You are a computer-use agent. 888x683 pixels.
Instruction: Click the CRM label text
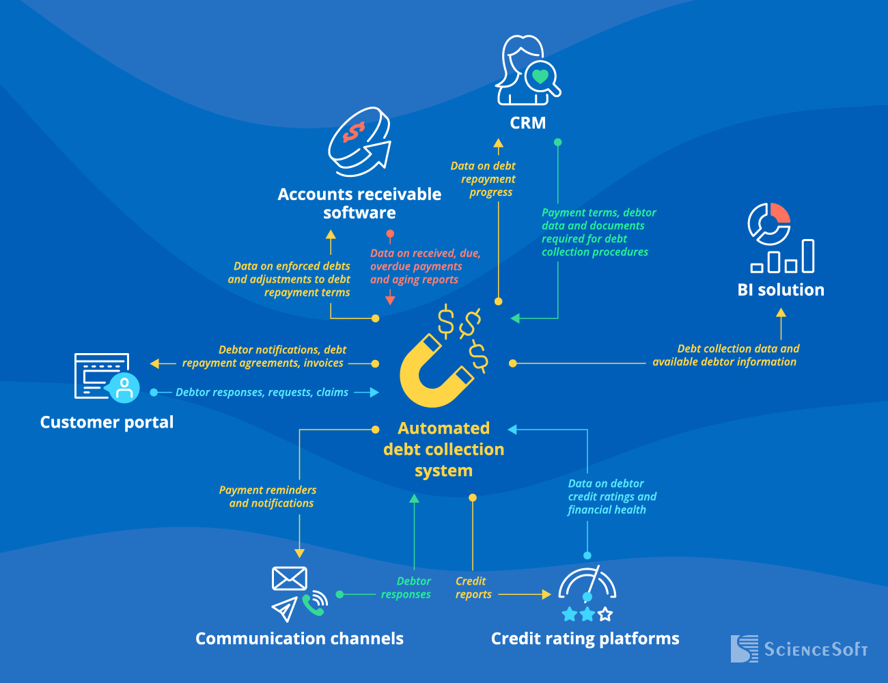[x=528, y=123]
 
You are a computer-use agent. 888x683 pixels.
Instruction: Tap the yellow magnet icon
[x=434, y=372]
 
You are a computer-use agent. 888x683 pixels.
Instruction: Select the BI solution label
[x=781, y=290]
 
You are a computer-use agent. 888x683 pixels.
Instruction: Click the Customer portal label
[x=107, y=422]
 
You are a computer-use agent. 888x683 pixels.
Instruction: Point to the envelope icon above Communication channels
[x=289, y=579]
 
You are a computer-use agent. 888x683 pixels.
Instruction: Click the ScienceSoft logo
[x=799, y=649]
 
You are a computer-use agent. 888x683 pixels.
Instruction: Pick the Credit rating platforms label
[x=585, y=639]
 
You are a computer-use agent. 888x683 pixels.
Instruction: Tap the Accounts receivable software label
[x=359, y=204]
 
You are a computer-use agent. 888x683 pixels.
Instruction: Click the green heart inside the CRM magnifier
[x=540, y=76]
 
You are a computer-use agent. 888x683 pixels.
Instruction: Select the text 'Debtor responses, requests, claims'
[x=262, y=392]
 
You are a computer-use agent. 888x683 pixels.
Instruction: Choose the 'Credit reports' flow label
[x=472, y=587]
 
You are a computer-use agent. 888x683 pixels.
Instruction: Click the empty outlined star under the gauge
[x=605, y=615]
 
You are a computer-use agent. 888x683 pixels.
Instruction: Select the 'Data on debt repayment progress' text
[x=484, y=179]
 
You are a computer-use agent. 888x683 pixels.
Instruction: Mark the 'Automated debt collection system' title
[x=443, y=449]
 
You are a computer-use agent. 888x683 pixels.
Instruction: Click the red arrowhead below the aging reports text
[x=390, y=299]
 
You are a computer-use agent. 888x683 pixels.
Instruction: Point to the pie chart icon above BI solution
[x=769, y=223]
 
